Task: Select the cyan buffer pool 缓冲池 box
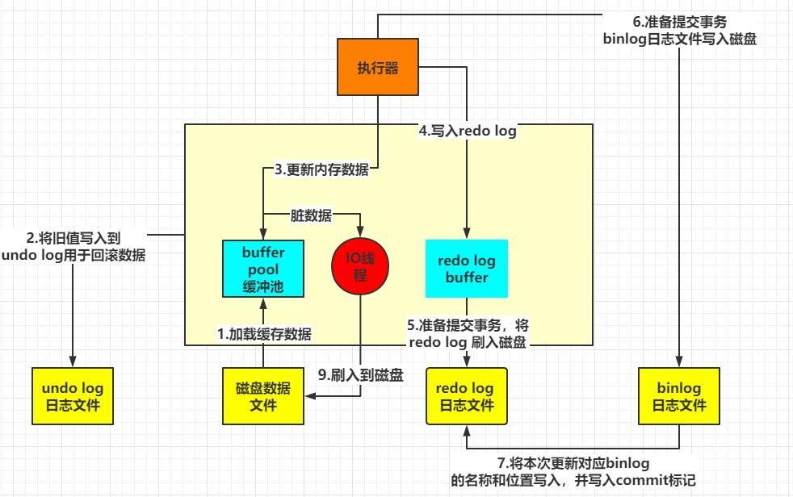click(x=263, y=269)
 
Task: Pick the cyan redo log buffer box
click(x=467, y=269)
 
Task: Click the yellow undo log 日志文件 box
click(x=73, y=396)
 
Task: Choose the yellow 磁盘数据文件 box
click(x=263, y=396)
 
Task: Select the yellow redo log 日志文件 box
click(x=466, y=396)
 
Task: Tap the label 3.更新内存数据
click(x=321, y=170)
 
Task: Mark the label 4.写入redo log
click(x=467, y=129)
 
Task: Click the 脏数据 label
click(x=311, y=215)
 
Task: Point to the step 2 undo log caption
click(x=74, y=246)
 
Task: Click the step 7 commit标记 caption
click(x=574, y=471)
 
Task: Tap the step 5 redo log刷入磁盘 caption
click(x=468, y=334)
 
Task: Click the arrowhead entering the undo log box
click(x=73, y=361)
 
